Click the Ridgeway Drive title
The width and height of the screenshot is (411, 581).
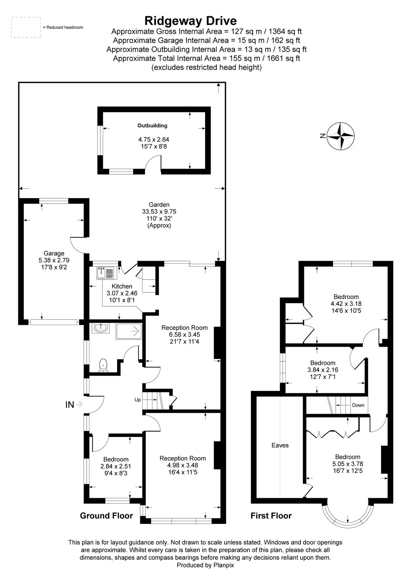point(191,21)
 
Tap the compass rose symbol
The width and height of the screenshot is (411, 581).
point(341,136)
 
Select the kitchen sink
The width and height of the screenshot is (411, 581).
point(106,273)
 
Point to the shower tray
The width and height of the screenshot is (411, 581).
point(129,331)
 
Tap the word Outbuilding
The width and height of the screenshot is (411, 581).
point(153,126)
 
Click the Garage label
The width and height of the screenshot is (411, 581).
point(54,253)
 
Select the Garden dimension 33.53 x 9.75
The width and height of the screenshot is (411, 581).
point(159,211)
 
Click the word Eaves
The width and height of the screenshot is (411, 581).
point(280,445)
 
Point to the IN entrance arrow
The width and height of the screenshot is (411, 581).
point(80,404)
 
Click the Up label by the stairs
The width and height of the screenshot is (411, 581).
point(138,400)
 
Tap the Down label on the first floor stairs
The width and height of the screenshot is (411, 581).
point(358,405)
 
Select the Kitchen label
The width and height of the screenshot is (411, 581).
point(122,286)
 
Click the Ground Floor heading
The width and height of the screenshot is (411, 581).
point(106,516)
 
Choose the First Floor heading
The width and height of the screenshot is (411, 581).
point(271,516)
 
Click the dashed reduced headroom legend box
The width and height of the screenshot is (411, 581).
point(26,27)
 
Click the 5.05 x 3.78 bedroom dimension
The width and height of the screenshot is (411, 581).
point(348,464)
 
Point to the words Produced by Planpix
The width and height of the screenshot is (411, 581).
point(205,565)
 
